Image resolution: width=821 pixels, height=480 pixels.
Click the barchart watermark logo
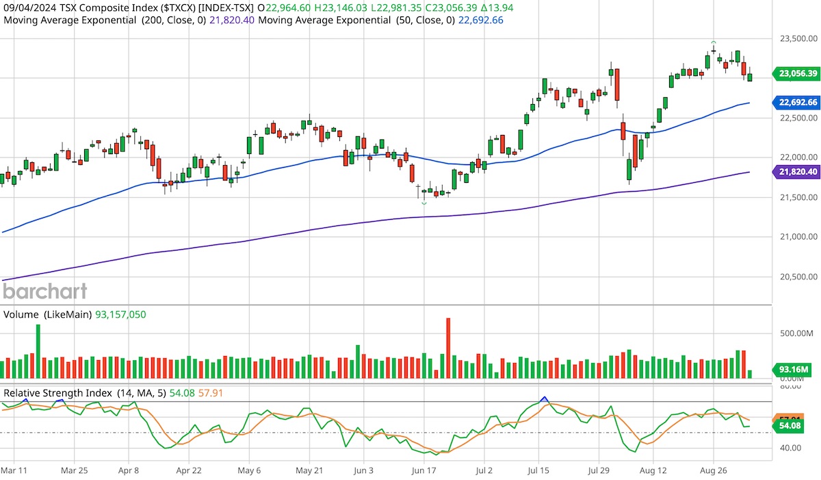point(45,291)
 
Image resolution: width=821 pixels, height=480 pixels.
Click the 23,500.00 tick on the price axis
point(798,39)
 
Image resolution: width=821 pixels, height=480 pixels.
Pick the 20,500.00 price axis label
point(798,277)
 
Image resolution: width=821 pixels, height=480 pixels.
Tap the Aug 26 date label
point(713,471)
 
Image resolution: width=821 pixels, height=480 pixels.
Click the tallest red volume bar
point(448,348)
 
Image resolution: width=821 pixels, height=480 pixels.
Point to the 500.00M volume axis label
point(798,333)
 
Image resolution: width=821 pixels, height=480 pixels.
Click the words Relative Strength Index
point(57,393)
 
